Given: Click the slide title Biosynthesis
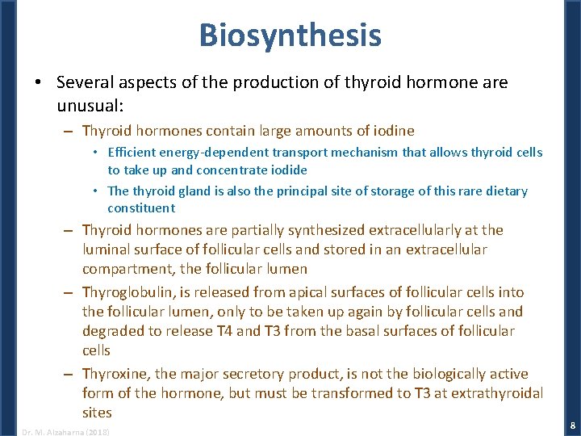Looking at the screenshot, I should pos(290,36).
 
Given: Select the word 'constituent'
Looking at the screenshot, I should pos(141,208).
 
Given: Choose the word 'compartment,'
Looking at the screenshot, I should pos(125,269).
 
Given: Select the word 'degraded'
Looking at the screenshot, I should pos(112,331).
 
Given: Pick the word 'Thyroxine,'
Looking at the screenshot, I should pos(117,374).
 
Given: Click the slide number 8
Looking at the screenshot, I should pos(572,425).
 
